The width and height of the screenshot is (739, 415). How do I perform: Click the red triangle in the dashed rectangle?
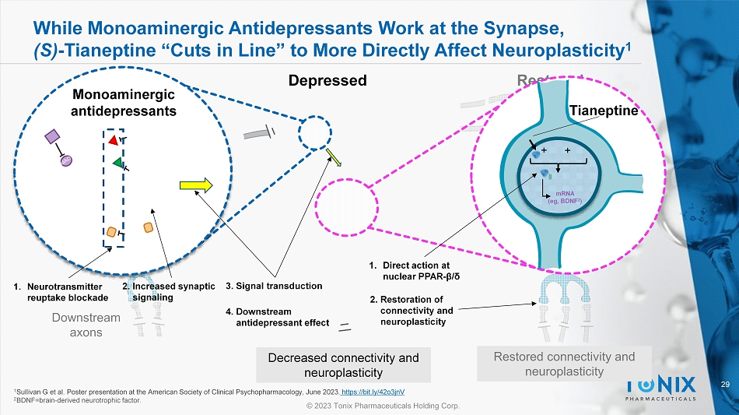click(x=114, y=141)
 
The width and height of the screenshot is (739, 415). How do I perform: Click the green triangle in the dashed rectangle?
click(x=117, y=163)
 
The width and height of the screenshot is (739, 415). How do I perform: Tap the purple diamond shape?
click(x=53, y=137)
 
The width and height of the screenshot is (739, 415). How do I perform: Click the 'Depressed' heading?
click(x=327, y=81)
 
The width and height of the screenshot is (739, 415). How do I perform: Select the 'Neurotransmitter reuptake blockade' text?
click(x=59, y=292)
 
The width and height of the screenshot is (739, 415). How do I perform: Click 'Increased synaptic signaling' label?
click(x=168, y=291)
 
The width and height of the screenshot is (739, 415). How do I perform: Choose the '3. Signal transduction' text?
click(x=273, y=286)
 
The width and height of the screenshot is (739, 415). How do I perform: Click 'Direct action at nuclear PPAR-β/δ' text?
click(x=420, y=270)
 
